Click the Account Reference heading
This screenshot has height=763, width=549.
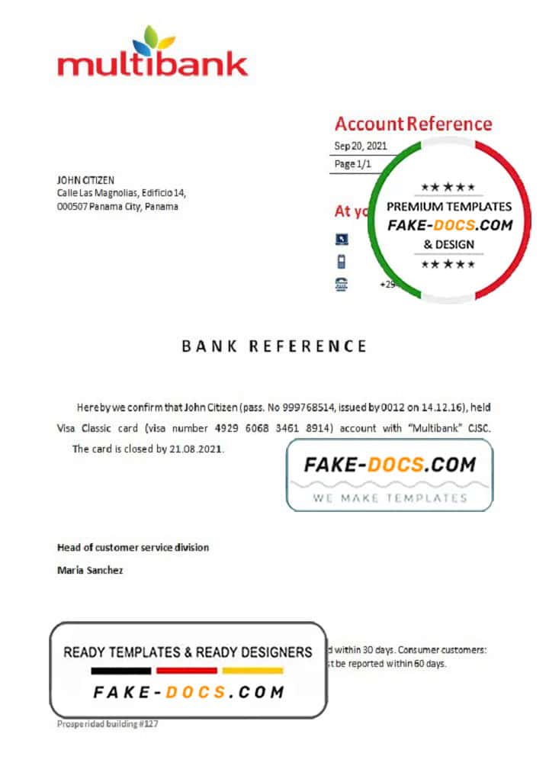(x=413, y=124)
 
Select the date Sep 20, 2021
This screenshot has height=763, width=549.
(x=360, y=146)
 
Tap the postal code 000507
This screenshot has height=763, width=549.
(x=72, y=206)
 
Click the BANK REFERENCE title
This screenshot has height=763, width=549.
(x=274, y=346)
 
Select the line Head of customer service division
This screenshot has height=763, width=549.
(x=133, y=547)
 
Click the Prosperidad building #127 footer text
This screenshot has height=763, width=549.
(x=108, y=723)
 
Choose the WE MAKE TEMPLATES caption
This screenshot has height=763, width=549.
(x=389, y=497)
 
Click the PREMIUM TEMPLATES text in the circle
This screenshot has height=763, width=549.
(x=449, y=206)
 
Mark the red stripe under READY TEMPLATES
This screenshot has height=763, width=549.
(x=187, y=671)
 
